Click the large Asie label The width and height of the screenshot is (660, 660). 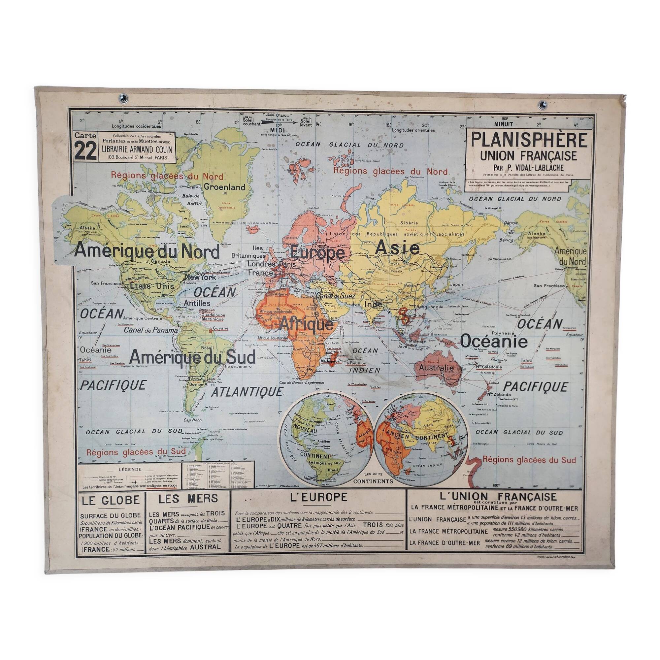click(x=397, y=248)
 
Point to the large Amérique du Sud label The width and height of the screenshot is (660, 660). click(x=193, y=358)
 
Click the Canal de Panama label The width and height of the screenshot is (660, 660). click(x=151, y=330)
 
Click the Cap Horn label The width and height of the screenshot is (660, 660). click(x=192, y=420)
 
